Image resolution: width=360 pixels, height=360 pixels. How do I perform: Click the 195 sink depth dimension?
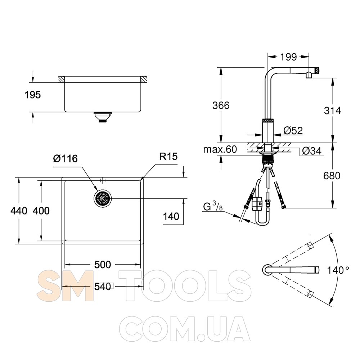[33, 95]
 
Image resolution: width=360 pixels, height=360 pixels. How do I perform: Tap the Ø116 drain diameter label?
[66, 159]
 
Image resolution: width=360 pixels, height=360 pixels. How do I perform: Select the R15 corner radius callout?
[168, 157]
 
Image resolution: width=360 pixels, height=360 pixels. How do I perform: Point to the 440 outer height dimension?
[19, 211]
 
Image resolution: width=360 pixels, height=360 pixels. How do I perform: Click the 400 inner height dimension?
[41, 211]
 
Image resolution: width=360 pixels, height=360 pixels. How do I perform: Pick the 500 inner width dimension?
[103, 265]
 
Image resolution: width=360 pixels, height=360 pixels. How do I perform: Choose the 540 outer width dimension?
[103, 287]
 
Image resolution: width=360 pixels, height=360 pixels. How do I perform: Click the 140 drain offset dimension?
[171, 216]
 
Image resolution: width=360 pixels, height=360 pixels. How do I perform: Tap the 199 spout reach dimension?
[288, 57]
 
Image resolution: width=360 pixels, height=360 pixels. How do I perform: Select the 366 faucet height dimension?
[221, 105]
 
